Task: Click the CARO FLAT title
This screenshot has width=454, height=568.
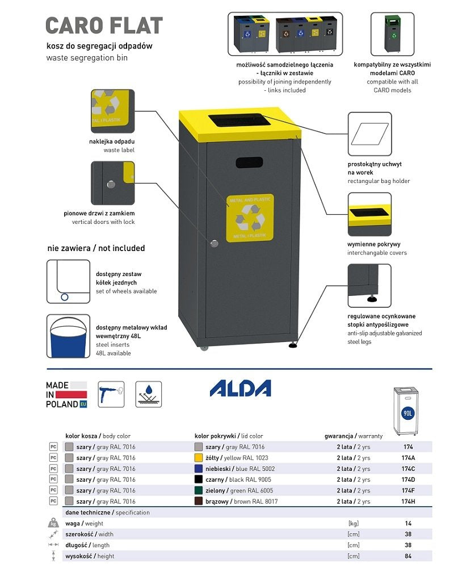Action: click(x=104, y=26)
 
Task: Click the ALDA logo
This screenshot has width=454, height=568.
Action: click(x=241, y=389)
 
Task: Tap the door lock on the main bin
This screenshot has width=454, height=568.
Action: click(x=214, y=243)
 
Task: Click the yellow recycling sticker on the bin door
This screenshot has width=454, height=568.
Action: click(x=250, y=218)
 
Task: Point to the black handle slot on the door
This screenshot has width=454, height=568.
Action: click(x=249, y=162)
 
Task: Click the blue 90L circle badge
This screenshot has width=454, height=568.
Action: click(x=407, y=413)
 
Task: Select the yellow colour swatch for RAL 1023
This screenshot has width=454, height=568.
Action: click(x=199, y=458)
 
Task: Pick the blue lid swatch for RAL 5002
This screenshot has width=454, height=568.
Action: click(x=199, y=469)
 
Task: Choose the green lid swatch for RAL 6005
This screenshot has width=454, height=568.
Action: click(x=199, y=490)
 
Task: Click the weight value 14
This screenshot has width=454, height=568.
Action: click(x=408, y=523)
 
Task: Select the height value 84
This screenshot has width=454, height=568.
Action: click(x=408, y=556)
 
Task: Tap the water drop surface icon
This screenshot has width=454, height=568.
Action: click(x=149, y=394)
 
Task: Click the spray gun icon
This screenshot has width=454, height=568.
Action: click(x=111, y=394)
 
